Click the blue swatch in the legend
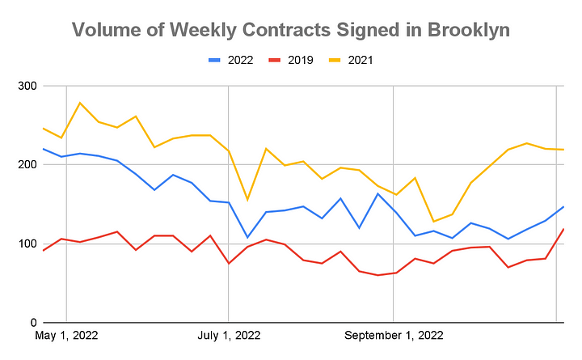click(216, 59)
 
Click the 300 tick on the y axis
click(27, 86)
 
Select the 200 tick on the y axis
click(27, 164)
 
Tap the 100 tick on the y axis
click(27, 244)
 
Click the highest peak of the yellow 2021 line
click(80, 103)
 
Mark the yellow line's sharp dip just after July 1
click(247, 200)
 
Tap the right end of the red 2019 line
click(563, 229)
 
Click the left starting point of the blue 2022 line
click(43, 149)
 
